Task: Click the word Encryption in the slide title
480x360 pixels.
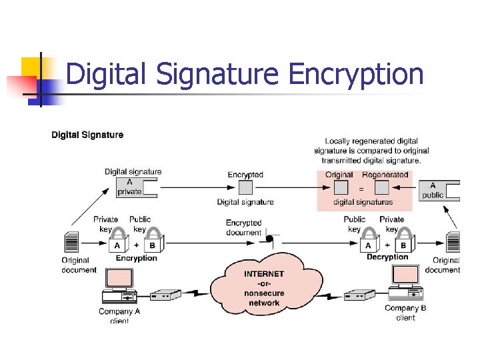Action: coord(356,75)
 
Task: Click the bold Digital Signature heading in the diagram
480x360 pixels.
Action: coord(87,135)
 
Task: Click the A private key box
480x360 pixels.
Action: coord(131,187)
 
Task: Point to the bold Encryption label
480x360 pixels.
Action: coord(137,258)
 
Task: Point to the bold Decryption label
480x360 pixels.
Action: coord(387,257)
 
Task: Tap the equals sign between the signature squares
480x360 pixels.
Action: coord(361,189)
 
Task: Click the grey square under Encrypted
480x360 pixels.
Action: coord(245,188)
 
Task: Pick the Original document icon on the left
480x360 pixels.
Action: coord(71,241)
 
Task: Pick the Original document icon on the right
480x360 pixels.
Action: coord(453,241)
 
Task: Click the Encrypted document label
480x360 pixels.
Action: coord(243,227)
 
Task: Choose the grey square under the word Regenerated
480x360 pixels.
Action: coord(381,188)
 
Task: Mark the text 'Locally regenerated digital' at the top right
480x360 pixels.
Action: coord(371,141)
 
